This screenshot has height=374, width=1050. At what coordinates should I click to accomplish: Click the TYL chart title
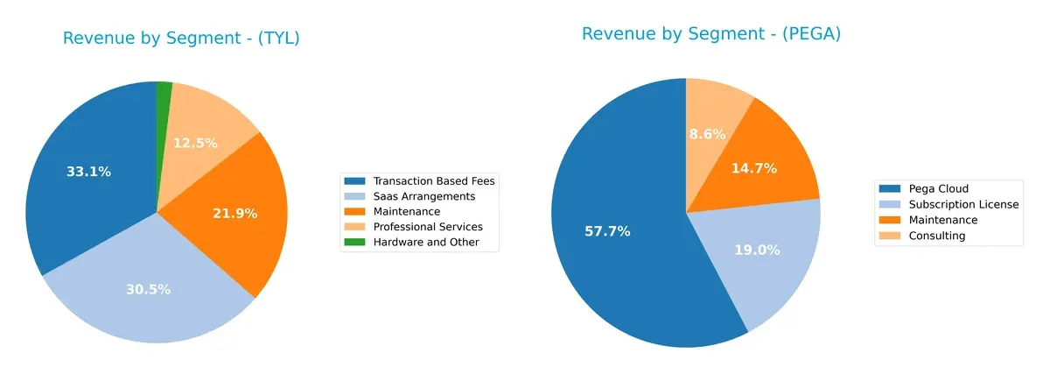[x=181, y=39]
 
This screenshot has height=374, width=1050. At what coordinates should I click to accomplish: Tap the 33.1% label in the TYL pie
[x=88, y=172]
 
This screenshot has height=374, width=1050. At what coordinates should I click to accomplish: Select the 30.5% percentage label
[x=148, y=289]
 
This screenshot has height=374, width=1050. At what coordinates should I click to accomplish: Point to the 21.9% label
[x=234, y=213]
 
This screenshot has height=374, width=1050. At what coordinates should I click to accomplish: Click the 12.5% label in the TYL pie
[x=195, y=143]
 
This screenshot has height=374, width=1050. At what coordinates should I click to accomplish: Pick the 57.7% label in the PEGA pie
[x=607, y=231]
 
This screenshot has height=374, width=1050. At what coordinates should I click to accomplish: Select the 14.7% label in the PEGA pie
[x=754, y=168]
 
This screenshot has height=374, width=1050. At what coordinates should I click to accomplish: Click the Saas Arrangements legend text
[x=423, y=196]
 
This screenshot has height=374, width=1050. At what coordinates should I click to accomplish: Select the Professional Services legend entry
[x=427, y=227]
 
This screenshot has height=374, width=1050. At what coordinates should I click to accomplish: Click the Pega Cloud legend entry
[x=938, y=188]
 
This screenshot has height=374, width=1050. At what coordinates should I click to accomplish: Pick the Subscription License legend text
[x=963, y=204]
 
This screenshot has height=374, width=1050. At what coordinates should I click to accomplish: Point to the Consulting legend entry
[x=936, y=236]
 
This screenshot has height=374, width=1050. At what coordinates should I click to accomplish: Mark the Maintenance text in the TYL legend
[x=406, y=212]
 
